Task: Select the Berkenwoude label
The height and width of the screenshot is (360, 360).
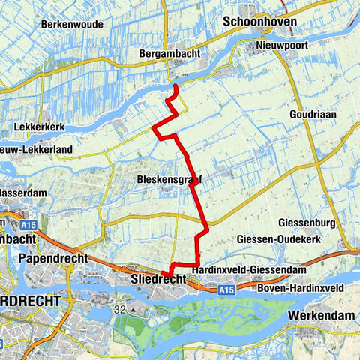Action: [73, 24]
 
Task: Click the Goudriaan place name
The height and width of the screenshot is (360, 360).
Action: [309, 115]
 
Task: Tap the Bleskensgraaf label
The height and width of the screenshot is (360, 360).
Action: [170, 180]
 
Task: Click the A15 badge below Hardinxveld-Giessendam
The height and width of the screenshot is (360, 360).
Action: [227, 288]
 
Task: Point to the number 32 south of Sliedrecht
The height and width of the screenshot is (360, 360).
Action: [121, 308]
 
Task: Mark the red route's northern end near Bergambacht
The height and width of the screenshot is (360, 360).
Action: [175, 86]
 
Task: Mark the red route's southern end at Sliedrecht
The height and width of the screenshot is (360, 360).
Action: [163, 273]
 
